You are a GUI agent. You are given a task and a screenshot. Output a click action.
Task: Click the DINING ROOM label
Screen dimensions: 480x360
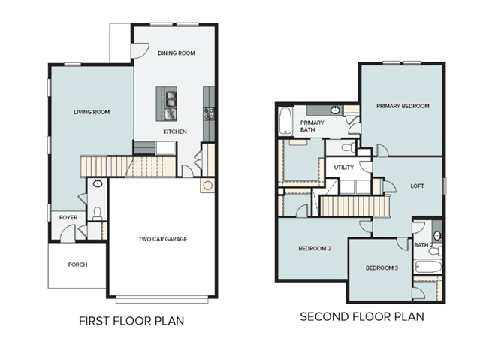177,53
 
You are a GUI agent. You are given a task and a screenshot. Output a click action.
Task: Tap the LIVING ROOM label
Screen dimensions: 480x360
92,112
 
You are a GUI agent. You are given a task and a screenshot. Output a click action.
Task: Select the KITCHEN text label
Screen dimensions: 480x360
175,132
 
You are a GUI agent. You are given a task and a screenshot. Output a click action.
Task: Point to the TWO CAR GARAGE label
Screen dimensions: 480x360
162,239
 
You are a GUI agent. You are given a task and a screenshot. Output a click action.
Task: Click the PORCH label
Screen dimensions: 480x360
78,265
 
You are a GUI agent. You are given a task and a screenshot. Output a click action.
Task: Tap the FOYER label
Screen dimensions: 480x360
68,217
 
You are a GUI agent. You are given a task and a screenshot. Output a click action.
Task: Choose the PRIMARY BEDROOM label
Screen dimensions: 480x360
403,106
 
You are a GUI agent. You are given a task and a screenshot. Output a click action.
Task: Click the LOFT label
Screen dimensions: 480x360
417,186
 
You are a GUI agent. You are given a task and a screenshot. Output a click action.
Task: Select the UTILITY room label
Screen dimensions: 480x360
344,168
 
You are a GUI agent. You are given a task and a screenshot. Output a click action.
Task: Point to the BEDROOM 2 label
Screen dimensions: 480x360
315,248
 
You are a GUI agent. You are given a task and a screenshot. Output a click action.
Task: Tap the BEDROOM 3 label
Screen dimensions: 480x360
382,268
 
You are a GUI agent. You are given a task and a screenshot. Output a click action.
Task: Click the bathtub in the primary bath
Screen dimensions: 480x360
285,121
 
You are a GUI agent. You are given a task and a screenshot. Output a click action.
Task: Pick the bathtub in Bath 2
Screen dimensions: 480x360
428,267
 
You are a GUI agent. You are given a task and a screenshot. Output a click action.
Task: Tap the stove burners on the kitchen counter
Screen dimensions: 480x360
209,113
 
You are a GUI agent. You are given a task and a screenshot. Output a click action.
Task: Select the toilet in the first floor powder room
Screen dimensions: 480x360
98,214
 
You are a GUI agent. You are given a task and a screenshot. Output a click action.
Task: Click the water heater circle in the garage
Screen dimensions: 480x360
207,186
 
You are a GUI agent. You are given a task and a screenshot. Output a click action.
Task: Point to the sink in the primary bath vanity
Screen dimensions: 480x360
335,110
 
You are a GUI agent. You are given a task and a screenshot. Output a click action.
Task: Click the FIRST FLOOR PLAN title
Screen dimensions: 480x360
131,321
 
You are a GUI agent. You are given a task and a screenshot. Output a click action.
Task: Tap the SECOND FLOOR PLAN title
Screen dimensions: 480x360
362,316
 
